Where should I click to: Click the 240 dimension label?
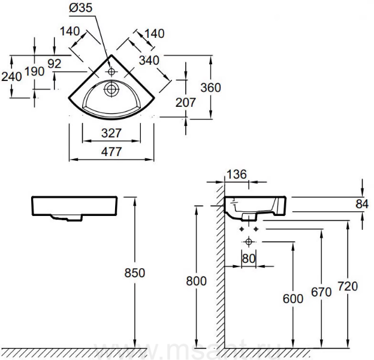pos(12,76)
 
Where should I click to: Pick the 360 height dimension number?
pos(210,87)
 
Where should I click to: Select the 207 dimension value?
pos(186,103)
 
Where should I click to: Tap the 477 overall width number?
pos(111,152)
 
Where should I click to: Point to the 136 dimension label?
pos(236,175)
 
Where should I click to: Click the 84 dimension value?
pos(361,204)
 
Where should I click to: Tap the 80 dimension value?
pos(249,259)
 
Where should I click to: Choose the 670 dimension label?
pos(321,292)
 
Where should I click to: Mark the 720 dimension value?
pos(347,286)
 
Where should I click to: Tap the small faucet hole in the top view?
pos(111,71)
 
